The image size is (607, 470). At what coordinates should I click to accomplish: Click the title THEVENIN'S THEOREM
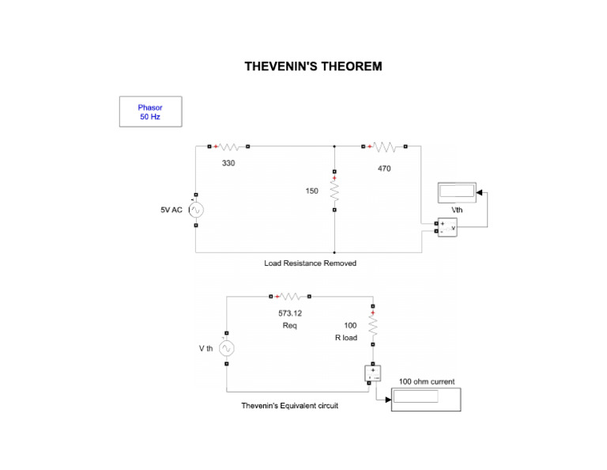313,66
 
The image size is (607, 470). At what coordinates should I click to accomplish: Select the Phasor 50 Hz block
150,112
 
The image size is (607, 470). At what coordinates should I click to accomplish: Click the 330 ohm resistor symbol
229,146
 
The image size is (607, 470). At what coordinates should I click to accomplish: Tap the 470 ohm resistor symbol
384,146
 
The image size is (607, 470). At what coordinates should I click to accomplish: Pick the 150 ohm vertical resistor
335,191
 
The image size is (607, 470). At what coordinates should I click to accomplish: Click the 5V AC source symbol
196,210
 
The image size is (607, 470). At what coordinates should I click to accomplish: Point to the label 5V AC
172,210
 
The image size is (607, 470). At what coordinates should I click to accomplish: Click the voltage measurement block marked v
447,227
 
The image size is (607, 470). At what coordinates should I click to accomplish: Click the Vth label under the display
458,209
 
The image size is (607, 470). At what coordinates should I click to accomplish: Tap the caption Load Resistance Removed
310,263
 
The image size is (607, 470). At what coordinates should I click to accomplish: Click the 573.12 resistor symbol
290,297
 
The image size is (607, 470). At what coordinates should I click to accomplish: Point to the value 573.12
290,313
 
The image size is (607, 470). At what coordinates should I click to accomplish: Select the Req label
290,325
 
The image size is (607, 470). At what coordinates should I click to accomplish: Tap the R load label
345,338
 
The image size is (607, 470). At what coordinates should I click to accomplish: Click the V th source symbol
227,348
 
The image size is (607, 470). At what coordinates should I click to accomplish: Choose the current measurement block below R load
372,373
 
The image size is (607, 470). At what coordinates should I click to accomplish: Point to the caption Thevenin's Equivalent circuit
289,406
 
